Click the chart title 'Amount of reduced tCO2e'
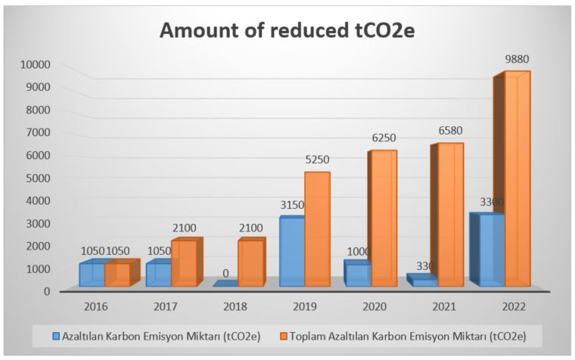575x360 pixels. click(x=288, y=33)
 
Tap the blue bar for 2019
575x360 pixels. click(x=291, y=252)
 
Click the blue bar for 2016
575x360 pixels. click(x=92, y=275)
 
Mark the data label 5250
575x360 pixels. click(x=316, y=160)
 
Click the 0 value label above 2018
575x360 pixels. click(x=225, y=273)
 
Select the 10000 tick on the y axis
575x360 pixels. click(x=36, y=64)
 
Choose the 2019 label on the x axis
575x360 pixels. click(x=306, y=307)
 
